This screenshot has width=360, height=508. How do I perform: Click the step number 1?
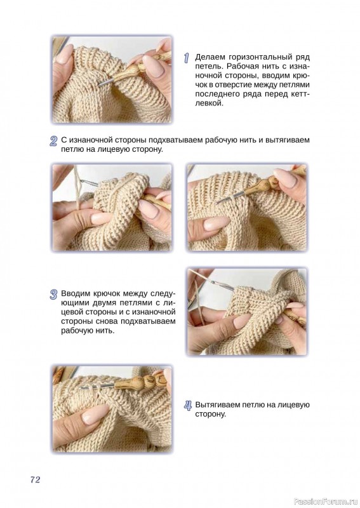186,58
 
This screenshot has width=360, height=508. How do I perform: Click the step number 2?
53,141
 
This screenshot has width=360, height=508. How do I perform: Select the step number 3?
53,295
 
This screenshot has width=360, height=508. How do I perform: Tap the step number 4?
188,406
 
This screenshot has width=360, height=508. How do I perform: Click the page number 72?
35,479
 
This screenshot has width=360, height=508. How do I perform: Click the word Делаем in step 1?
210,57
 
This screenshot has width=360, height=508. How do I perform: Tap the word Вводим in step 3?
76,294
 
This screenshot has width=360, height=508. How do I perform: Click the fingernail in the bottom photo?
95,415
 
